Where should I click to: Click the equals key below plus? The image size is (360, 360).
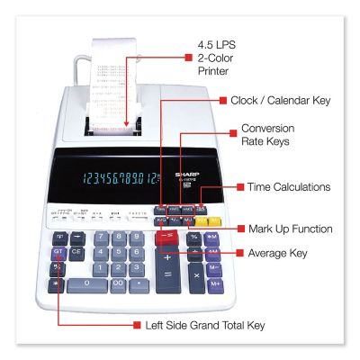coord(167,290)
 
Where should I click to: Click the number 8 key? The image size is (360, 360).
coord(117,238)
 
